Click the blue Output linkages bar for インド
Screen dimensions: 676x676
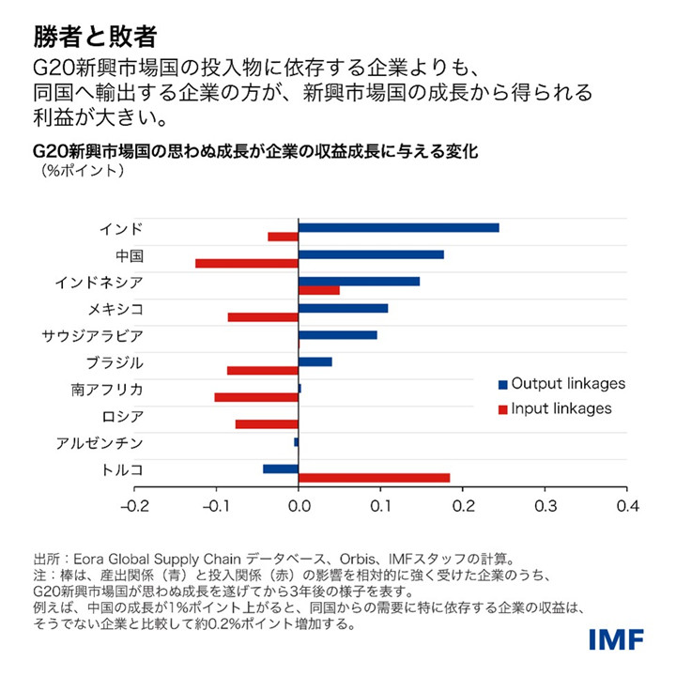(398, 228)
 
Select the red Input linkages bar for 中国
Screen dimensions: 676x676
(246, 263)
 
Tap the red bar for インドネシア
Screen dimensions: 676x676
(318, 290)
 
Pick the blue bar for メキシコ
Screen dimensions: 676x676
(343, 308)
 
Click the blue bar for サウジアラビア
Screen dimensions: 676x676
(337, 335)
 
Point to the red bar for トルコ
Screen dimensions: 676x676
(374, 478)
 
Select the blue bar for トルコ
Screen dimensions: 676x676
(280, 469)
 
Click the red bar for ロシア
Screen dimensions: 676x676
(267, 424)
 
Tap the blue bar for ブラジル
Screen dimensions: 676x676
(315, 361)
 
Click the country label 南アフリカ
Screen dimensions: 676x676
(107, 389)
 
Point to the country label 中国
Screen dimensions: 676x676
(129, 255)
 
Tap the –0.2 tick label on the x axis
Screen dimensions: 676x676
(134, 506)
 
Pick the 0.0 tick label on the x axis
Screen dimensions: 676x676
(299, 506)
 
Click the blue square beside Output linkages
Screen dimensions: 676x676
(503, 385)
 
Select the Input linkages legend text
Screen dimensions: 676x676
(562, 408)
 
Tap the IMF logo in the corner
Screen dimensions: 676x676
(616, 639)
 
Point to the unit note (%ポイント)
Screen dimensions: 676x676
(83, 171)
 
